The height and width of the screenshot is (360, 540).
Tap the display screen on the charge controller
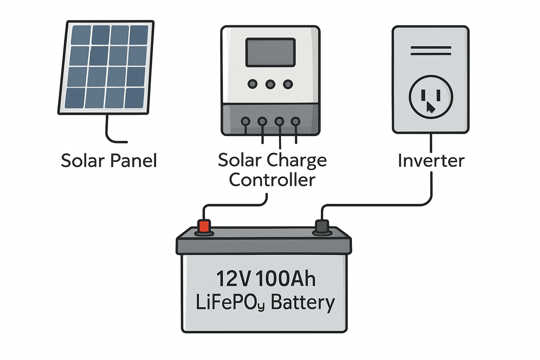[x=270, y=52]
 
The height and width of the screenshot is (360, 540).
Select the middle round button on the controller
[x=270, y=84]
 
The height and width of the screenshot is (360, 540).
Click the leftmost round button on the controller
[x=252, y=84]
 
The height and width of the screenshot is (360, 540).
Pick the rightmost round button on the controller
[x=288, y=84]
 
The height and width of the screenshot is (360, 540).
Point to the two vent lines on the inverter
[x=431, y=54]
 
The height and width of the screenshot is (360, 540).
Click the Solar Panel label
[x=109, y=161]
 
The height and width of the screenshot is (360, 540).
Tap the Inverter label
[x=431, y=161]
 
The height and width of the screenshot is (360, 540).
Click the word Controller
[x=272, y=180]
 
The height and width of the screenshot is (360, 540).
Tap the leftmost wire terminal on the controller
[x=246, y=121]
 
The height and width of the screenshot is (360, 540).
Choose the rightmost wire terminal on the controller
[x=295, y=121]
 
